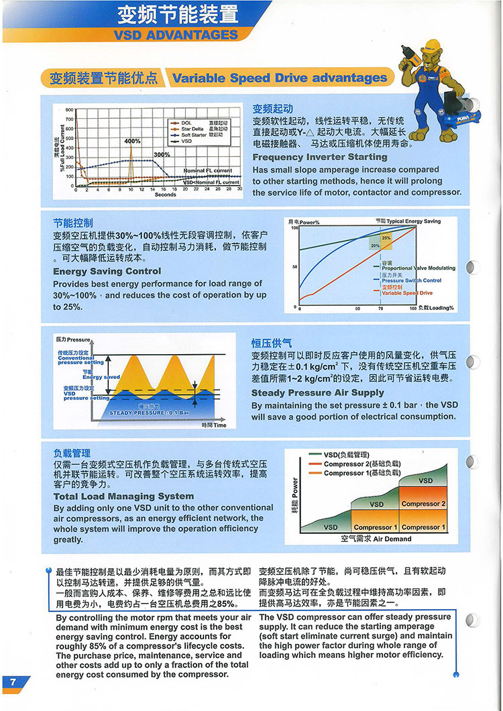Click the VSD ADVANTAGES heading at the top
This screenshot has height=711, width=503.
click(176, 34)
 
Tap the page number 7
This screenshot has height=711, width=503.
click(12, 681)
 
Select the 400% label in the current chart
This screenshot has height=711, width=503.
click(132, 142)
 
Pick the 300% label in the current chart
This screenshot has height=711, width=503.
click(162, 155)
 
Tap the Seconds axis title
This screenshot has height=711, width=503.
click(165, 195)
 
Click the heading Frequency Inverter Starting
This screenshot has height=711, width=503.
click(320, 157)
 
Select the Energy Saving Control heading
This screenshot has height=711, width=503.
click(107, 271)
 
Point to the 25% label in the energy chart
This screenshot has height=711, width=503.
click(386, 238)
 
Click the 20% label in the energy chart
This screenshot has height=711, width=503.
click(375, 246)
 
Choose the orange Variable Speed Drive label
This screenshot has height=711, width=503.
click(407, 293)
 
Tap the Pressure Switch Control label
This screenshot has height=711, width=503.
click(411, 280)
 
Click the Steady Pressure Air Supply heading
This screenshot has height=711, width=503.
click(318, 392)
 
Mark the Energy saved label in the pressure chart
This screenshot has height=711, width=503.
click(101, 377)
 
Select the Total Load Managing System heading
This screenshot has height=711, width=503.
click(123, 496)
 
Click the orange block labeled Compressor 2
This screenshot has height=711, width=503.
click(424, 504)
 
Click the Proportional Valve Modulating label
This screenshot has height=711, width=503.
click(418, 268)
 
